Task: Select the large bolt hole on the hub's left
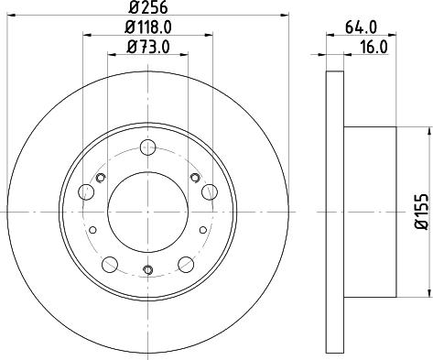click(x=86, y=191)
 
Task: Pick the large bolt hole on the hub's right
click(x=209, y=191)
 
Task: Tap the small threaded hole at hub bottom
click(x=147, y=269)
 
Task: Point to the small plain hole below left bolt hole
click(x=92, y=230)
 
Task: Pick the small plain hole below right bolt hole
click(x=203, y=230)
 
